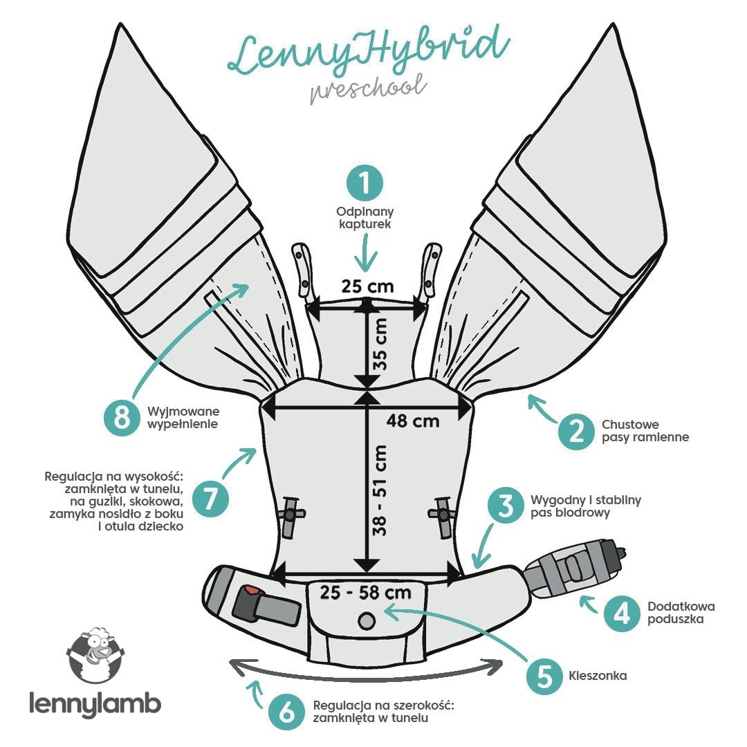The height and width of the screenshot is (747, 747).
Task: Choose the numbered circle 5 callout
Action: click(544, 675)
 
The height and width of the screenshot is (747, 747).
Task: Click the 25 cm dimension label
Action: click(367, 284)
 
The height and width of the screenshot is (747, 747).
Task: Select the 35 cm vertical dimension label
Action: click(380, 343)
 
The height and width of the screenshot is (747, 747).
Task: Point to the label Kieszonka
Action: click(598, 676)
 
